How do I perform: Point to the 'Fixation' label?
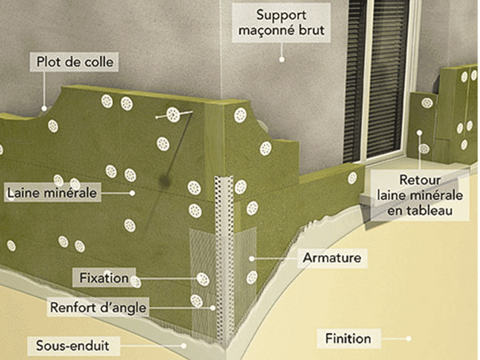coord(104,278)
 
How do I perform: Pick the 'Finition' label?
coord(347,338)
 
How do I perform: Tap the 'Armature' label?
coord(331,258)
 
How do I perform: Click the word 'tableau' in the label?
coord(436,210)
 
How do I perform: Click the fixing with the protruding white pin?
coord(174,113)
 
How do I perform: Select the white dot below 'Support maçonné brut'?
coord(281,59)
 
